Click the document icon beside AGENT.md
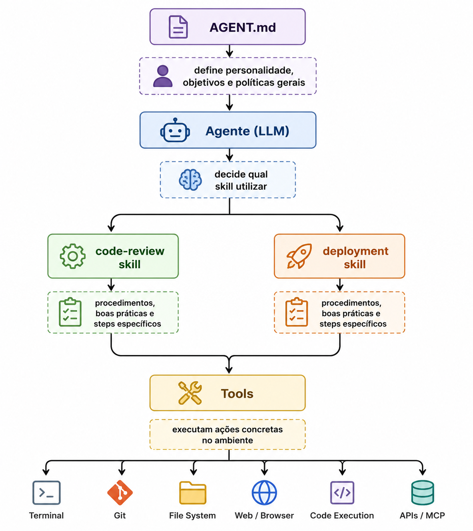pyautogui.click(x=178, y=27)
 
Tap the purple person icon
pyautogui.click(x=163, y=76)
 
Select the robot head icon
pyautogui.click(x=175, y=130)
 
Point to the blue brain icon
pyautogui.click(x=190, y=180)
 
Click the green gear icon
pyautogui.click(x=73, y=256)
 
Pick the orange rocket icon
pyautogui.click(x=299, y=256)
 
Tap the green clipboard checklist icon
pyautogui.click(x=70, y=312)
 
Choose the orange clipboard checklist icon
pyautogui.click(x=296, y=312)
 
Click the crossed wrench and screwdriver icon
pyautogui.click(x=190, y=393)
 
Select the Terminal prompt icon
pyautogui.click(x=46, y=493)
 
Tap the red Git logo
pyautogui.click(x=120, y=493)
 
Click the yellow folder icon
pyautogui.click(x=193, y=493)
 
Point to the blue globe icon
pyautogui.click(x=264, y=493)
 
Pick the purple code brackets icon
pyautogui.click(x=342, y=493)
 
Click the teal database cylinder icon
pyautogui.click(x=423, y=493)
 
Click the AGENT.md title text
pyautogui.click(x=243, y=27)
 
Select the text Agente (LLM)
pyautogui.click(x=247, y=131)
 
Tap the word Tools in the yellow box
pyautogui.click(x=237, y=394)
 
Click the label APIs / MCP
pyautogui.click(x=422, y=515)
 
